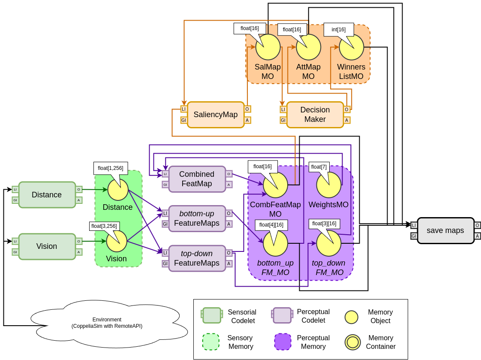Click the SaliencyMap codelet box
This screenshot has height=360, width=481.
point(216,115)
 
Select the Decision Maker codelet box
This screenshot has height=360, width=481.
point(315,115)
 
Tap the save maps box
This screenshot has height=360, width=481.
point(445,230)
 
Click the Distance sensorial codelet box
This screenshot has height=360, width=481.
point(47,195)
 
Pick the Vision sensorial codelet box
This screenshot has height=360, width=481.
point(47,246)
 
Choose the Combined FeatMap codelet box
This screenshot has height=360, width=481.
point(197,179)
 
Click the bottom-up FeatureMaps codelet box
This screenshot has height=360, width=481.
point(197,218)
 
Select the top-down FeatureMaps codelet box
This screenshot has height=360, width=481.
point(197,258)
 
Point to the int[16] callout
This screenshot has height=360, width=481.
point(338,29)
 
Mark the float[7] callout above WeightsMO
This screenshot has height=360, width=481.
point(319,166)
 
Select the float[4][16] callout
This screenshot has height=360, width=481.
point(271,225)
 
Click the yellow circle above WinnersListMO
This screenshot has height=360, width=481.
point(352,47)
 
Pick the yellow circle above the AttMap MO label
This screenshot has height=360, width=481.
point(309,47)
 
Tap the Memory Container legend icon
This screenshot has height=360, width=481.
point(352,342)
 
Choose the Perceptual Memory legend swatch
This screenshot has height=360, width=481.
point(283,342)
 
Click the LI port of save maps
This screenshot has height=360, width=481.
point(414,225)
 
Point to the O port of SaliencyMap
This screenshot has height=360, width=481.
point(247,109)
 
